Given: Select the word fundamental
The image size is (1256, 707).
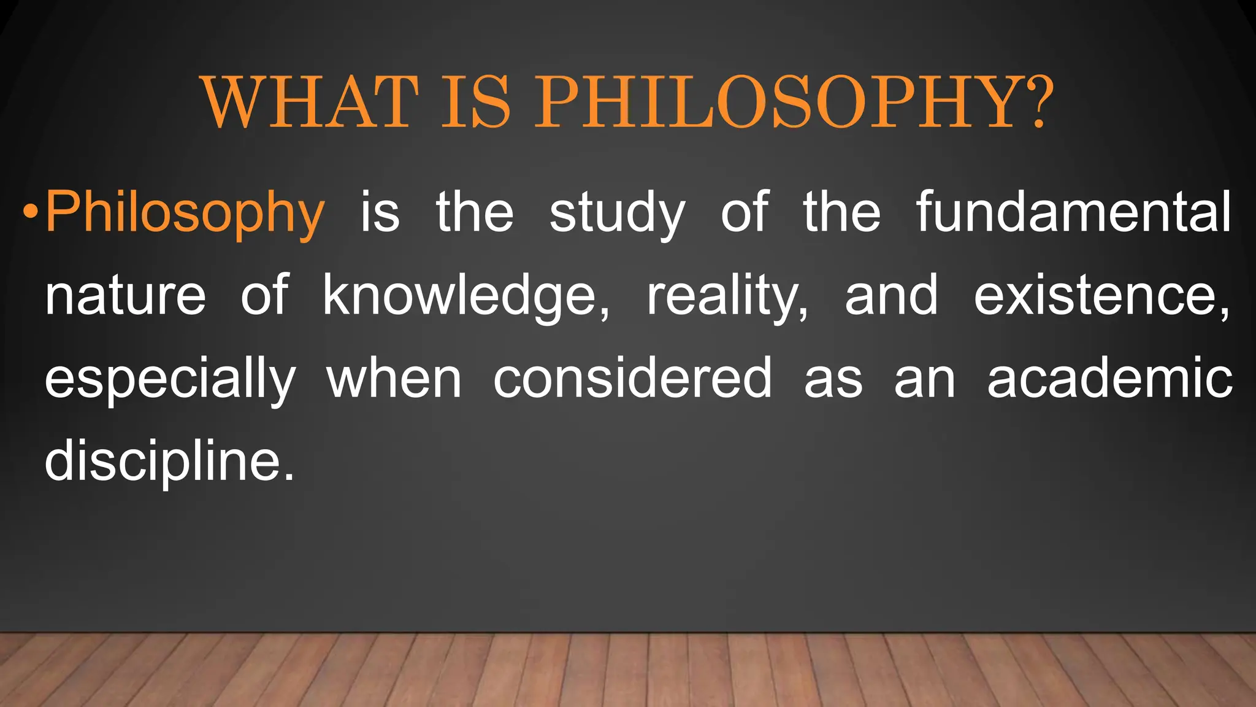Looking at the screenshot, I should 1073,212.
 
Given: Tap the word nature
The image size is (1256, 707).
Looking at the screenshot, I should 125,296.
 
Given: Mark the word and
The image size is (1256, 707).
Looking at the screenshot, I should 891,295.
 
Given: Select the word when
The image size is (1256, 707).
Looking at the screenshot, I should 394,379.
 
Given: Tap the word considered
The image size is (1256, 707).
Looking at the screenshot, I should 632,379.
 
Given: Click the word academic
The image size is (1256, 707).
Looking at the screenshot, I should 1109,379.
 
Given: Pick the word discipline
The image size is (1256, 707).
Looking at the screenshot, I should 163,462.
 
